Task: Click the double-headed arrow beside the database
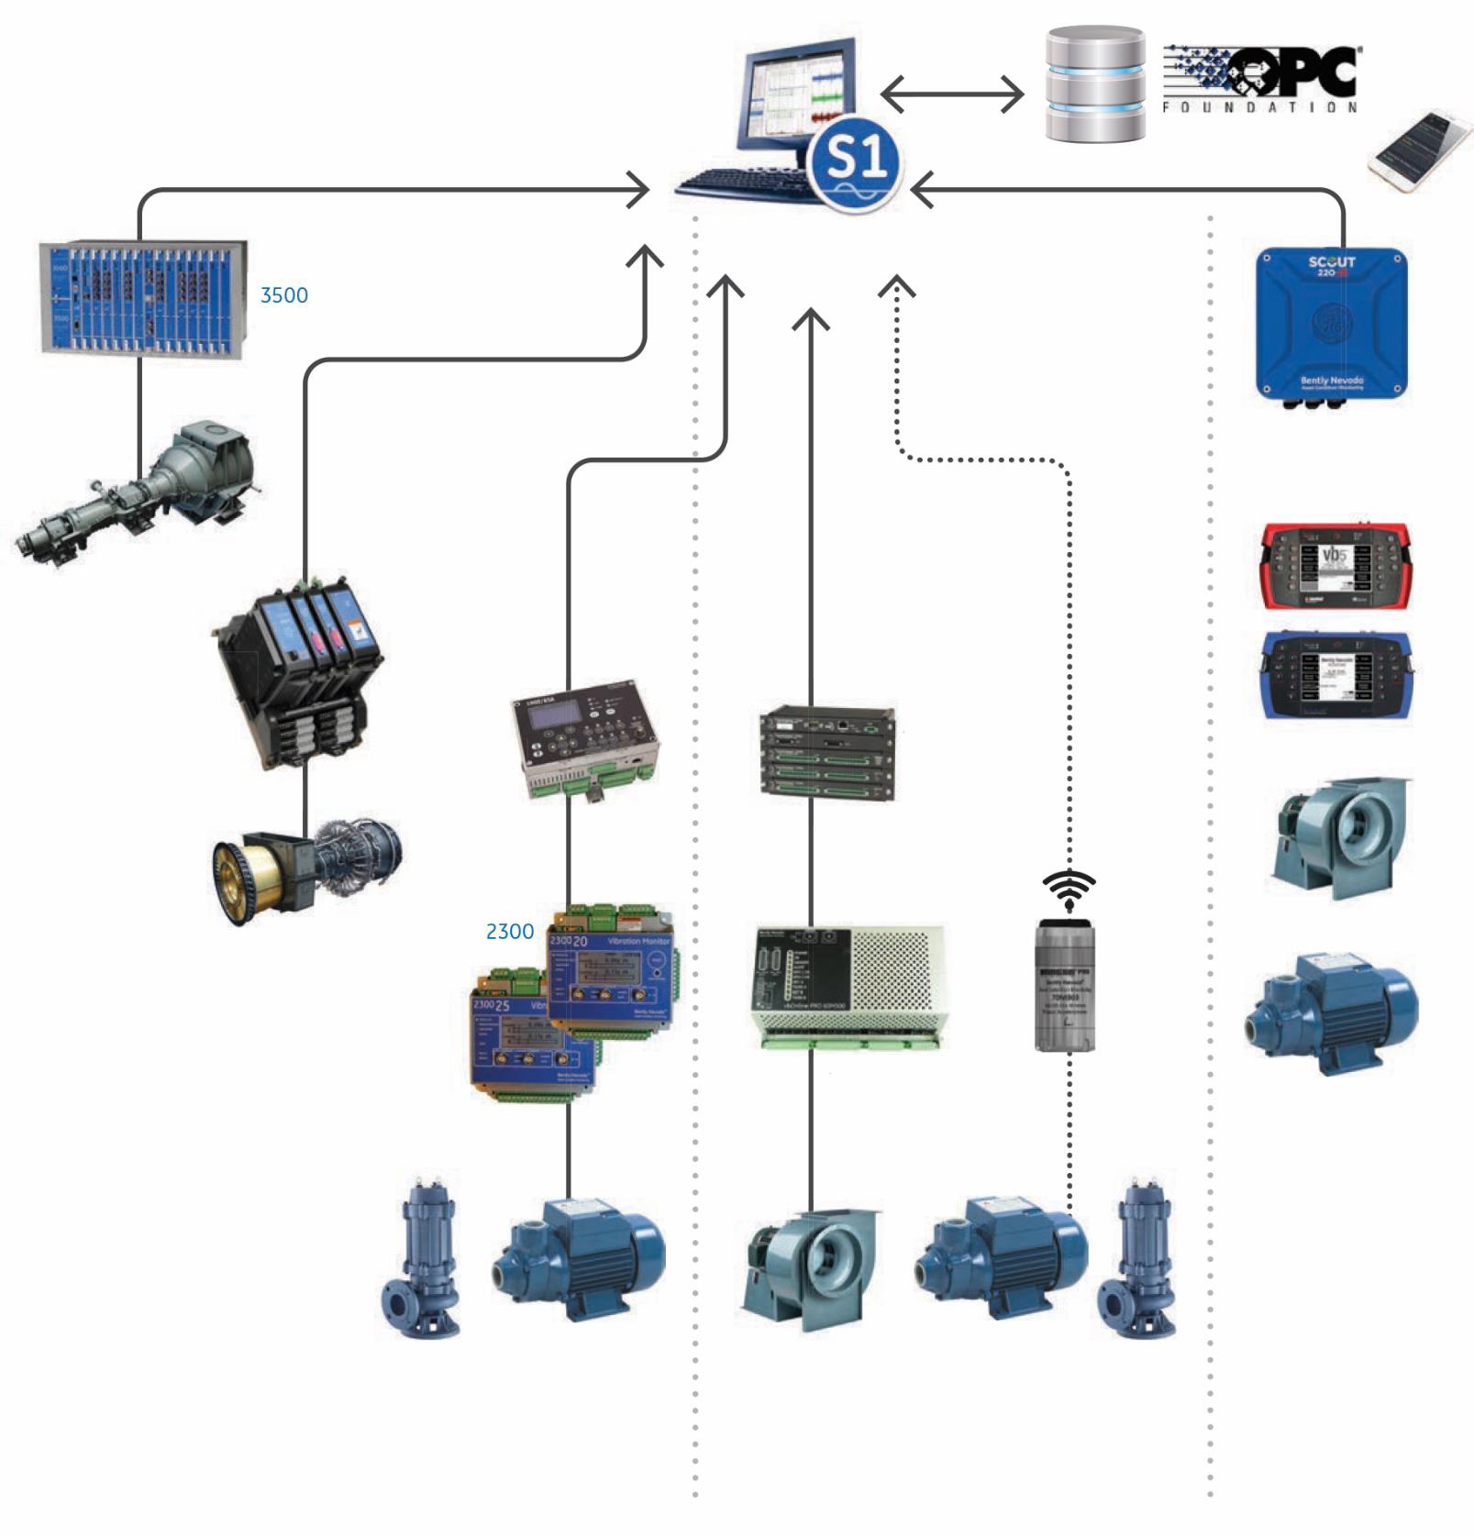pos(952,94)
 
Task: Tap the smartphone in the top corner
pos(1420,150)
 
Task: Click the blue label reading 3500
pos(284,295)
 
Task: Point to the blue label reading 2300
pos(510,932)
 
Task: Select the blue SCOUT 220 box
pos(1331,325)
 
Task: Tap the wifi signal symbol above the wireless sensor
pos(1069,890)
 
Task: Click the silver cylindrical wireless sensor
pos(1066,985)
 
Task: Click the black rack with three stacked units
pos(827,753)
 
